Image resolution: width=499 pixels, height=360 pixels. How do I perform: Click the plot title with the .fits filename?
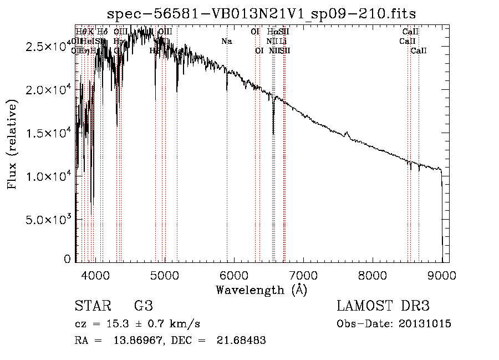(261, 13)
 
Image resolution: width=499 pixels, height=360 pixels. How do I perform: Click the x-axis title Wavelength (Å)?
(261, 290)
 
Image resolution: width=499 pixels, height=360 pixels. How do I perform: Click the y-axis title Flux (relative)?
(12, 144)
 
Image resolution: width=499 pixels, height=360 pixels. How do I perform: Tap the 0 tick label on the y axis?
(67, 259)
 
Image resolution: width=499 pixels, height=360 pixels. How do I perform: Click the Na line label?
(226, 41)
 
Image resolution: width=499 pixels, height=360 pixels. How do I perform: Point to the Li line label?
(283, 41)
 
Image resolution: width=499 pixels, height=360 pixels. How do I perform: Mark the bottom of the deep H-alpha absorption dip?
(273, 133)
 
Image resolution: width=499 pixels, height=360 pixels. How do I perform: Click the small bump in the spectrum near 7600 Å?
(347, 134)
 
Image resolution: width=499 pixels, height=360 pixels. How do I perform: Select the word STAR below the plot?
(91, 306)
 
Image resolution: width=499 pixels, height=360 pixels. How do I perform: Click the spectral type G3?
(143, 306)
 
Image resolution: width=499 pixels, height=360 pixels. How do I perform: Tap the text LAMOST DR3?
(383, 306)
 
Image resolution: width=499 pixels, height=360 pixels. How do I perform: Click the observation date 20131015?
(427, 324)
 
